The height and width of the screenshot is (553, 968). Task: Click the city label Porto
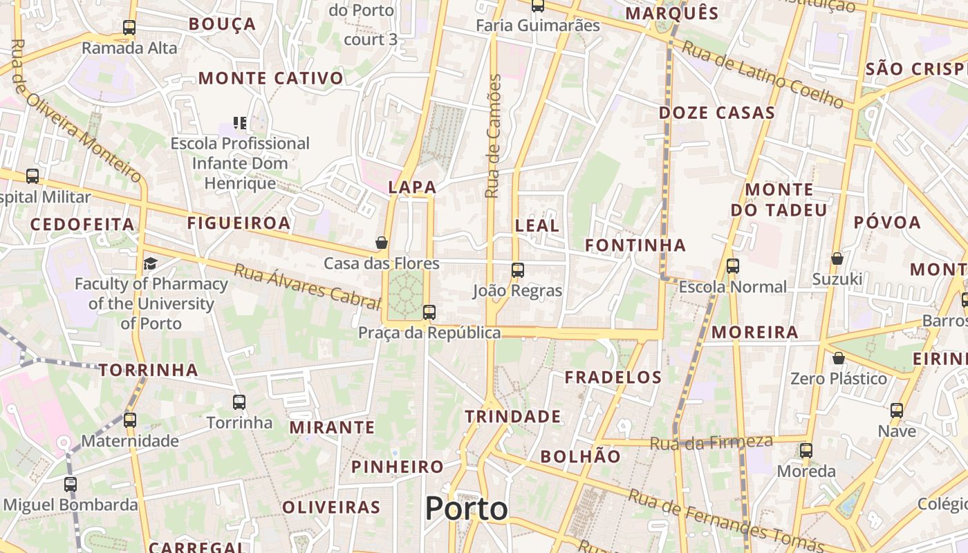coord(466,509)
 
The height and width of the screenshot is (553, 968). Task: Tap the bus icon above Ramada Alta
coord(129,28)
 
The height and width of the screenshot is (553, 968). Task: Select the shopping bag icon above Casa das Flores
coord(381,243)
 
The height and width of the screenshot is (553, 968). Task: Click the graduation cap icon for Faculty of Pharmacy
coord(150,263)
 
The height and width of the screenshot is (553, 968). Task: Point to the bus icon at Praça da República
coord(429,312)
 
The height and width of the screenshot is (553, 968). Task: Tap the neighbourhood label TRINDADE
coord(512,417)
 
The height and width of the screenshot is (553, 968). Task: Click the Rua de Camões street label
coord(493,136)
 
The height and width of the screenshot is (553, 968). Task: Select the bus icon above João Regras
coord(517,270)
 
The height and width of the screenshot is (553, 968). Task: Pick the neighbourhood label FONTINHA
coord(635,245)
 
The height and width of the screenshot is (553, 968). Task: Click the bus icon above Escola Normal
coord(733,266)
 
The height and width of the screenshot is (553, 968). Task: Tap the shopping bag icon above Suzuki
coord(837,259)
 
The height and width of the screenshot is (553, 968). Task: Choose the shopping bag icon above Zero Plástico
coord(839,358)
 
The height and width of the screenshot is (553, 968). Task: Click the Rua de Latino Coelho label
coord(763,75)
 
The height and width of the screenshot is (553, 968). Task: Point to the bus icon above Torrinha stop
coord(239,402)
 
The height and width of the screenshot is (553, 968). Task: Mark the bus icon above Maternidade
coord(130,420)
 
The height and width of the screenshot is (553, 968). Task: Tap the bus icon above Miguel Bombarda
coord(71,485)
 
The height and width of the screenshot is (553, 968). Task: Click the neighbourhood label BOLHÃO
coord(581,456)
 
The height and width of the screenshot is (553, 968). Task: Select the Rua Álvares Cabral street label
coord(307,286)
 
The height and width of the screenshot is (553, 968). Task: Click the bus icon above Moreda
coord(806,451)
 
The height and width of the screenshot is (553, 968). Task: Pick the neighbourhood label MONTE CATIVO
coord(271,78)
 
